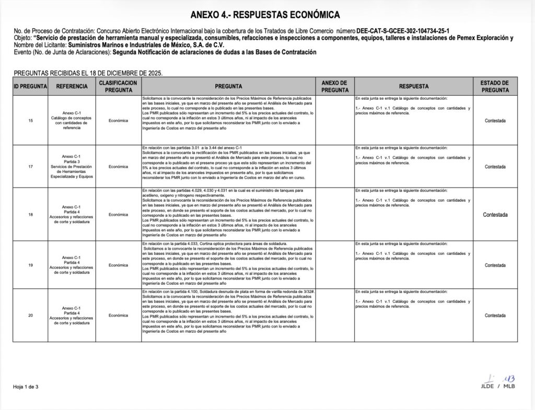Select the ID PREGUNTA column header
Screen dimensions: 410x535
(x=30, y=86)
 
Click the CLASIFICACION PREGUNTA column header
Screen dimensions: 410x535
(x=118, y=86)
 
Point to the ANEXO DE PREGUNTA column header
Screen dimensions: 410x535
(x=334, y=86)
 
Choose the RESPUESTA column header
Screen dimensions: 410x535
(x=413, y=86)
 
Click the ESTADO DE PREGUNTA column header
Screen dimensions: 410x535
(x=495, y=86)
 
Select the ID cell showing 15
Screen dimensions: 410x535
(x=30, y=121)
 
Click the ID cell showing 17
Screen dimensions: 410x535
(x=30, y=167)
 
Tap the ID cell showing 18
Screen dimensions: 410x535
(x=30, y=215)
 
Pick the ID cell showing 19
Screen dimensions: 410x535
(x=30, y=265)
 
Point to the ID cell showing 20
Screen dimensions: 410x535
(x=30, y=315)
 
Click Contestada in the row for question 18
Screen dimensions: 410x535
(x=495, y=215)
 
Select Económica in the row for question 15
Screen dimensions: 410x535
(x=118, y=121)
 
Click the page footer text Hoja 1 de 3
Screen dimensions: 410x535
(x=26, y=386)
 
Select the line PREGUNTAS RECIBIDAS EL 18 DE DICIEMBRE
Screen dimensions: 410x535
(x=89, y=73)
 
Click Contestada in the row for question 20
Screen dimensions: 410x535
(x=495, y=315)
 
